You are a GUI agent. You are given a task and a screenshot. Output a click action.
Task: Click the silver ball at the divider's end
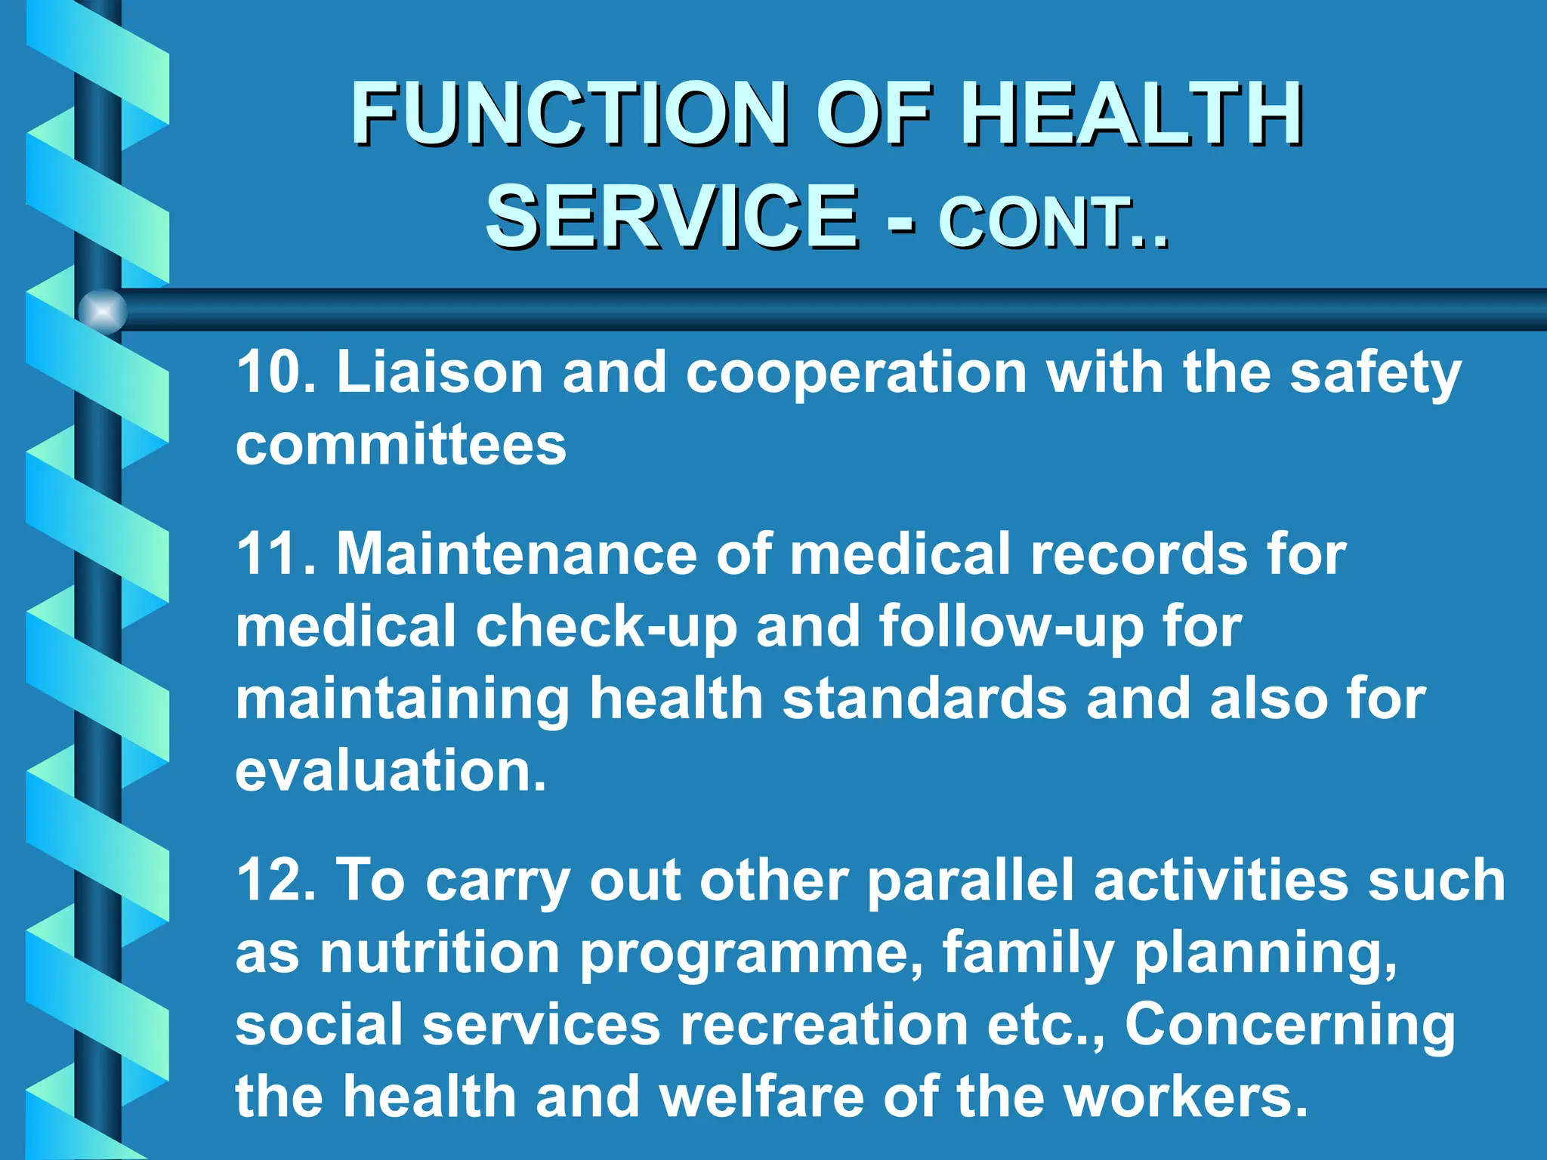pyautogui.click(x=102, y=310)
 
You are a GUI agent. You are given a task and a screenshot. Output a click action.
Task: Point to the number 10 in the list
pyautogui.click(x=267, y=372)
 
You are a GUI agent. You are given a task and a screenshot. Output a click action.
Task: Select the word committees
pyautogui.click(x=400, y=445)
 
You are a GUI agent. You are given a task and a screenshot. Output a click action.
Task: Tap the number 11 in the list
pyautogui.click(x=267, y=554)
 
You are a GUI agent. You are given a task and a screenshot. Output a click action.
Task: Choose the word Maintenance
pyautogui.click(x=517, y=554)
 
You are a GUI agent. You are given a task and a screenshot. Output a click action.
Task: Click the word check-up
pyautogui.click(x=605, y=628)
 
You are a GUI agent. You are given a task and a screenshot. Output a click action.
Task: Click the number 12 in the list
pyautogui.click(x=267, y=881)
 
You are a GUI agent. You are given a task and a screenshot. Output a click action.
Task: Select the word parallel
pyautogui.click(x=970, y=881)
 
